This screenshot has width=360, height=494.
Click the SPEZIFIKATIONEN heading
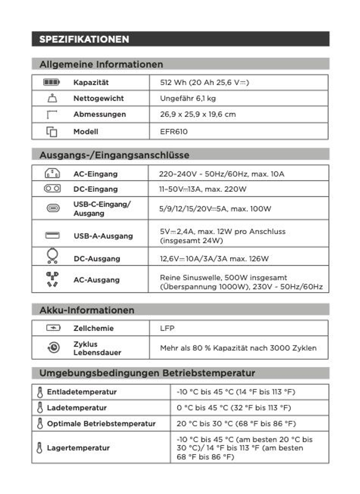point(84,39)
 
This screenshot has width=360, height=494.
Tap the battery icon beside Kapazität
point(52,83)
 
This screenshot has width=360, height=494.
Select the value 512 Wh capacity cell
point(204,83)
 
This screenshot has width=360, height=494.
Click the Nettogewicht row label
point(98,98)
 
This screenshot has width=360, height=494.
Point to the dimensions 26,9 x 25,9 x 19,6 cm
point(197,114)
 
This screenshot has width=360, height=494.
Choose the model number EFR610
point(174,132)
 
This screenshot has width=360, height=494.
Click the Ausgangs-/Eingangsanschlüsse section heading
point(114,155)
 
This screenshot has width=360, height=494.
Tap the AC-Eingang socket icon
point(52,174)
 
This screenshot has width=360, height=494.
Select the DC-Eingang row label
point(96,190)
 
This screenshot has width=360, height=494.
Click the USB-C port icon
point(52,208)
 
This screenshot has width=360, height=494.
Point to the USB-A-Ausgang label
point(103,236)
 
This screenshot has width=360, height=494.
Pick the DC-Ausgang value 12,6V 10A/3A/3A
point(214,259)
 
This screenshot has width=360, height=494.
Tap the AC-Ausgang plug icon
point(52,279)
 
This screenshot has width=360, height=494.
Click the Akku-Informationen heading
point(87,310)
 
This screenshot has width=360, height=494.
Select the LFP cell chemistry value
point(167,328)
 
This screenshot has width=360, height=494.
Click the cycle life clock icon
point(53,348)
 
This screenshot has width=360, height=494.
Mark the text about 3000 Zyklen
point(238,348)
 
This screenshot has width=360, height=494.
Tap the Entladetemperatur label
point(82,392)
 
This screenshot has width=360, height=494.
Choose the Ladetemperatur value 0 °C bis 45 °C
point(236,407)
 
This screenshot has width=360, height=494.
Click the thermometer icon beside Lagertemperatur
point(39,448)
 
